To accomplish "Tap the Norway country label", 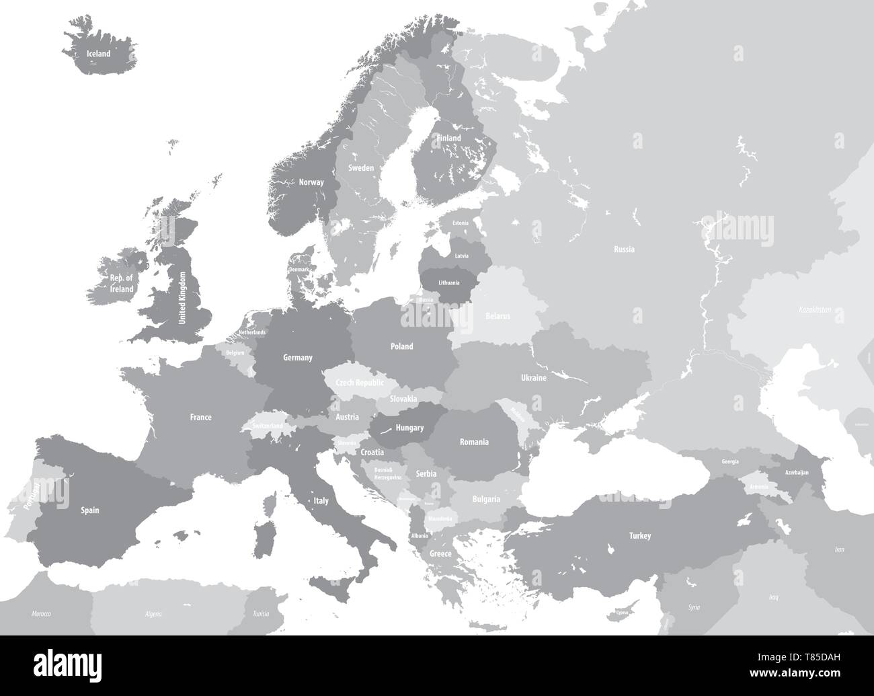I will point(311,182).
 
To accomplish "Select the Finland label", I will point(449,138).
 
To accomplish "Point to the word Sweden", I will point(361,168).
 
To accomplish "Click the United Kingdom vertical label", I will point(182,298).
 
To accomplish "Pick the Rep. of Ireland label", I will point(122,283).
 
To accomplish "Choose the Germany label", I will point(298,358).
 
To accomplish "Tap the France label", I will point(200,418).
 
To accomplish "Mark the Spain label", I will point(90,510).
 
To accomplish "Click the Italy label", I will point(321,501).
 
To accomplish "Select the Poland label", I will point(402,346).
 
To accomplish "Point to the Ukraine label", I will point(533,378).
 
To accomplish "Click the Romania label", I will point(474,442).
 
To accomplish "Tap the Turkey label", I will point(640,536).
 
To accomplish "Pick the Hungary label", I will point(410,428).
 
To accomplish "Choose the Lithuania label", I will point(448,282).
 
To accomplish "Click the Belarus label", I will point(498,315).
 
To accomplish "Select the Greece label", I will point(440,554).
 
